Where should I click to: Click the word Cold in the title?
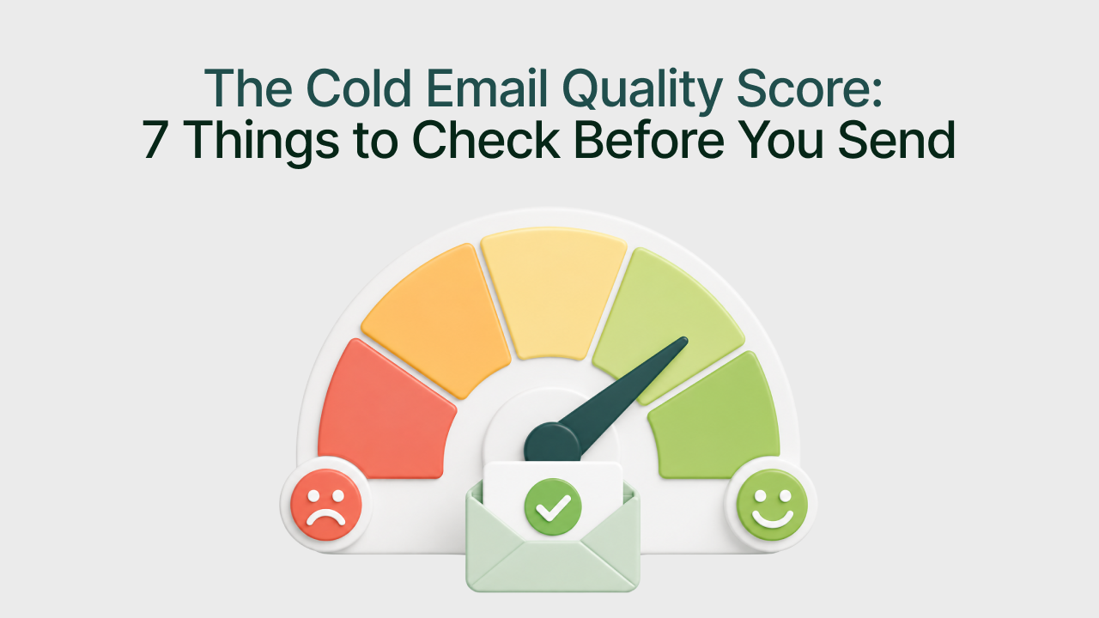pyautogui.click(x=358, y=88)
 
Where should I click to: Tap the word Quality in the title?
pyautogui.click(x=641, y=92)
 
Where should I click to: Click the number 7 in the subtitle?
pyautogui.click(x=154, y=140)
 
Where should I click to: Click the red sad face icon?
pyautogui.click(x=325, y=505)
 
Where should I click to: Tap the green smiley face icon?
pyautogui.click(x=772, y=505)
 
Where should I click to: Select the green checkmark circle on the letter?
pyautogui.click(x=553, y=507)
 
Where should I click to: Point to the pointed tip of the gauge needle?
pyautogui.click(x=685, y=338)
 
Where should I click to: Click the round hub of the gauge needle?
pyautogui.click(x=552, y=444)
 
